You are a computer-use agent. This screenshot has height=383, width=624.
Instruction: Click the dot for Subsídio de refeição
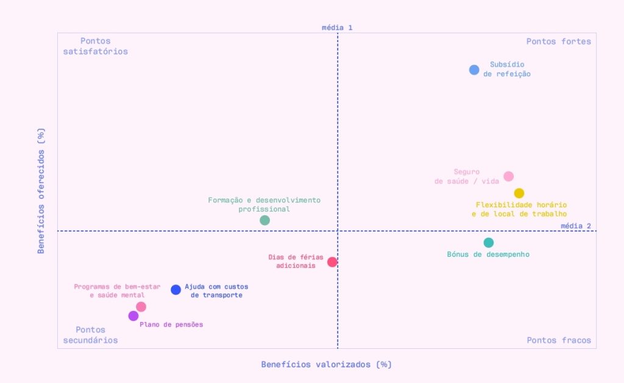474,70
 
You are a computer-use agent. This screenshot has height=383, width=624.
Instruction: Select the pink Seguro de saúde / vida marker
508,176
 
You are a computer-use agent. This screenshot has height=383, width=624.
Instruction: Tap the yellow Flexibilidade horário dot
519,193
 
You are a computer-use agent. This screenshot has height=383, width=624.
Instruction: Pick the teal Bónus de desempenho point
488,242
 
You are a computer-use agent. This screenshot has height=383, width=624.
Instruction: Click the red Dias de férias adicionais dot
332,262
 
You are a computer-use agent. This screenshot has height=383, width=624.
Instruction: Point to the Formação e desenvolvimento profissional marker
264,220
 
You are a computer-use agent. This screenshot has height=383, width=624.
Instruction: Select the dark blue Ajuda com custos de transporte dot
176,290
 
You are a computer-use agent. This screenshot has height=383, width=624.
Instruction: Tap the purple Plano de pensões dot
133,316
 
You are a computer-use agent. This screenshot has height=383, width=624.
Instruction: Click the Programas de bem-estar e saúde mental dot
141,307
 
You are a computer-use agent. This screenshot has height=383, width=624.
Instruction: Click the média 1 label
337,27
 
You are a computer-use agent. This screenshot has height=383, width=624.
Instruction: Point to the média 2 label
575,226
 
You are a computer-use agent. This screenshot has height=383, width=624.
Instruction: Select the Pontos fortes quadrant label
558,41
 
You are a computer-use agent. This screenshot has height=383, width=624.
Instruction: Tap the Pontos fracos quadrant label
559,340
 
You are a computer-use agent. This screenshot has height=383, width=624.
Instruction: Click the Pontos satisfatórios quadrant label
95,46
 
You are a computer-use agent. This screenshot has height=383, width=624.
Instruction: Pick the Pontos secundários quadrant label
90,335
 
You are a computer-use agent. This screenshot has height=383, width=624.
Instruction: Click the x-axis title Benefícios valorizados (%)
326,364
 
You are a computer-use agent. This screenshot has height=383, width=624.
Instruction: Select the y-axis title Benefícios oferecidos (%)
41,190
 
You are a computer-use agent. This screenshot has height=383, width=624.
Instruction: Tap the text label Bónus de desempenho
488,254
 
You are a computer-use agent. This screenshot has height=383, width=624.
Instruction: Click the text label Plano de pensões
171,324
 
